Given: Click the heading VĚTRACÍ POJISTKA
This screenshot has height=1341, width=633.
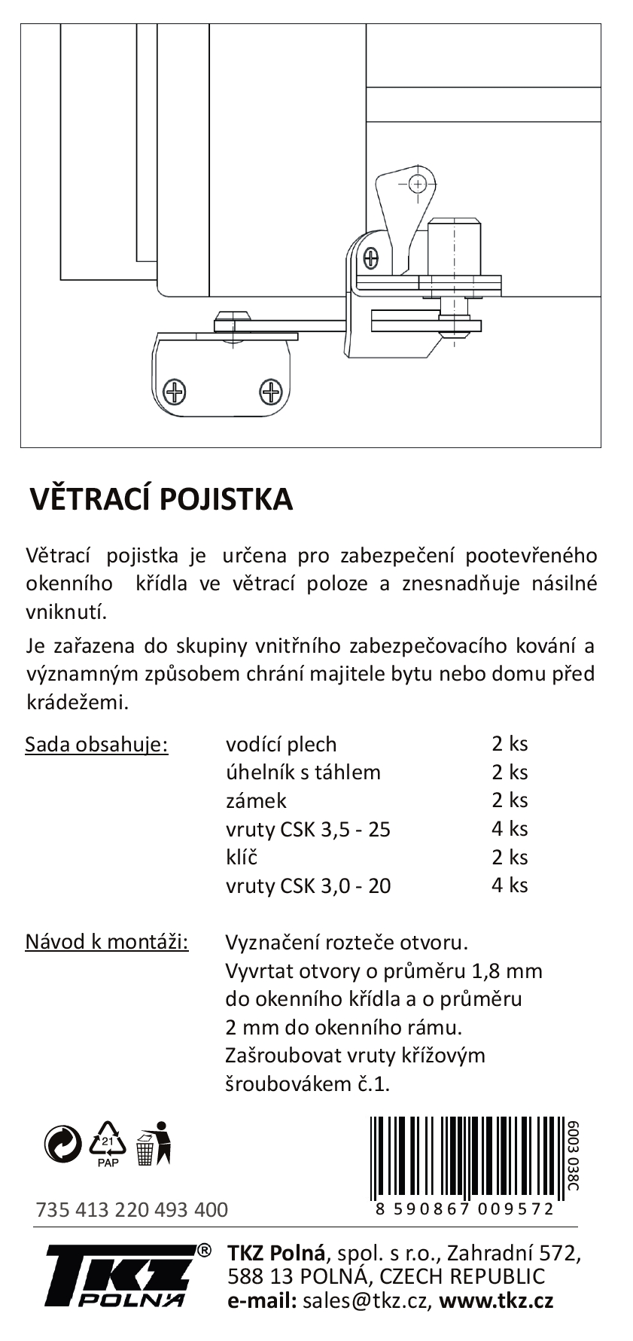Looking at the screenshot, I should pyautogui.click(x=160, y=499).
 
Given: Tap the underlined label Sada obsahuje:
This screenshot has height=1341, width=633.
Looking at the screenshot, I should pyautogui.click(x=96, y=744).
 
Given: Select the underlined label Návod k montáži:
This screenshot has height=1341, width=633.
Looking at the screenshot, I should pyautogui.click(x=107, y=941).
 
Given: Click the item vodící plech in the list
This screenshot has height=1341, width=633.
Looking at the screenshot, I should pyautogui.click(x=281, y=744).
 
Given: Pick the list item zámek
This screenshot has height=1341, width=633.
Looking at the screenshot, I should pyautogui.click(x=256, y=800).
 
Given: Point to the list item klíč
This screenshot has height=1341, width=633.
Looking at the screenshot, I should pyautogui.click(x=242, y=857).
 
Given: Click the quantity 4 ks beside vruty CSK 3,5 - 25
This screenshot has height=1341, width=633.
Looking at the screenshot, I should pyautogui.click(x=510, y=828).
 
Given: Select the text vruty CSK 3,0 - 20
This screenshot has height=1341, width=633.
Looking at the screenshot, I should pyautogui.click(x=308, y=885).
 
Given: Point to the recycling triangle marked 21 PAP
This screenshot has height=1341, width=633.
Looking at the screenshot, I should pyautogui.click(x=108, y=1144).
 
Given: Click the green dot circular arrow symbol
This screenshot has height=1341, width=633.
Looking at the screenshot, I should pyautogui.click(x=63, y=1143).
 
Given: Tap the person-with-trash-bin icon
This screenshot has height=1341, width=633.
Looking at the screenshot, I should pyautogui.click(x=154, y=1143).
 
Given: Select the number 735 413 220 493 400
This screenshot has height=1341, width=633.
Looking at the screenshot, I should pyautogui.click(x=132, y=1210).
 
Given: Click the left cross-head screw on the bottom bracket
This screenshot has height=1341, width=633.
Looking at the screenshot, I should pyautogui.click(x=176, y=392).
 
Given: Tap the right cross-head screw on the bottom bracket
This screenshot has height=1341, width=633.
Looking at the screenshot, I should pyautogui.click(x=270, y=392).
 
